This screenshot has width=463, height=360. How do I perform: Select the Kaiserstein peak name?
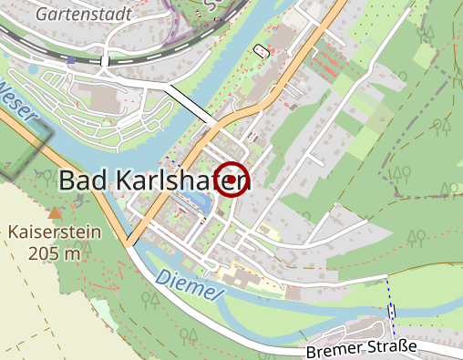55,231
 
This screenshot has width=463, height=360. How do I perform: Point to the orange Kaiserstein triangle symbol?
56,212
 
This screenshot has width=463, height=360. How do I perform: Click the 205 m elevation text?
55,252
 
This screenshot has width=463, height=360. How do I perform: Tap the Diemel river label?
189,286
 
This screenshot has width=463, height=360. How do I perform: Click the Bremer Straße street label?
362,349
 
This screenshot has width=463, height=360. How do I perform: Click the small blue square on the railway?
72,60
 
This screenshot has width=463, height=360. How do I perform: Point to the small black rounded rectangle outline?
263,50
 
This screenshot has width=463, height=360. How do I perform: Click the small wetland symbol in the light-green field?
381,118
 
